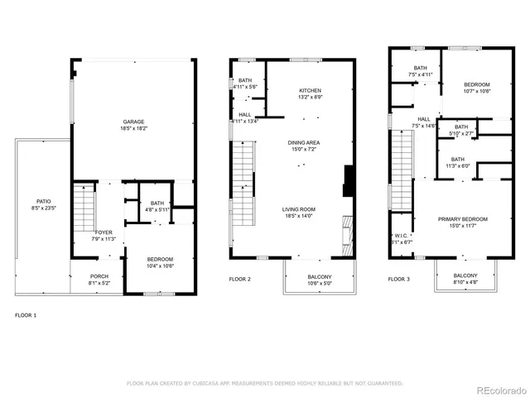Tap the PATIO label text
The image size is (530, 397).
[43, 201]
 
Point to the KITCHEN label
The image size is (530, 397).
[311, 90]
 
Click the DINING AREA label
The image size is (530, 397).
[304, 142]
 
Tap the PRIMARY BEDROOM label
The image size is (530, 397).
[463, 219]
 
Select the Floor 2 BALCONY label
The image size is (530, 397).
[320, 276]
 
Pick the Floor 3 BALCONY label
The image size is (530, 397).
[465, 275]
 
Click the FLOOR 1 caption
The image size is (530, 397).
[26, 315]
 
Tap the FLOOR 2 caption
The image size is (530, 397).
[241, 280]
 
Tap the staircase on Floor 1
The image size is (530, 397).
[85, 211]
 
